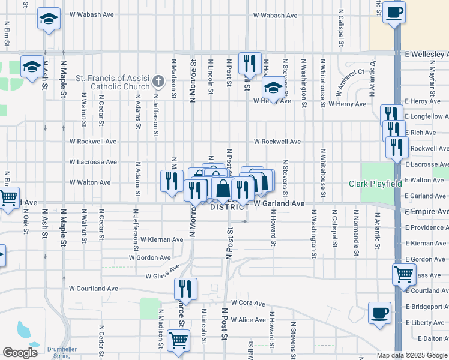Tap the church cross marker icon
[158, 81]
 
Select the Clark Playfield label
[375, 183]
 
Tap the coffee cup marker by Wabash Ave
[394, 12]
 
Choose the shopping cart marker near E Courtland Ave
[403, 274]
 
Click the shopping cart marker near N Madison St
[179, 340]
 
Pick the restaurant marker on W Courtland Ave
[186, 289]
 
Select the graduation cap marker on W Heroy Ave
[273, 89]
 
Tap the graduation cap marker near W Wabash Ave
[49, 19]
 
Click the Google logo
[20, 353]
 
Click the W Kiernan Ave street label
[161, 239]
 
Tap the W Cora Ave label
[247, 303]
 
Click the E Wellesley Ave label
[426, 53]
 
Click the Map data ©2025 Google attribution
[411, 355]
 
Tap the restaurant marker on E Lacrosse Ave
[397, 147]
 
